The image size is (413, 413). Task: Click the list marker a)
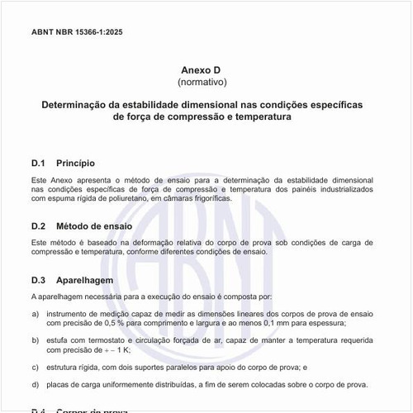(x=35, y=314)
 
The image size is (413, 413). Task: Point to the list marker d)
(x=35, y=384)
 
